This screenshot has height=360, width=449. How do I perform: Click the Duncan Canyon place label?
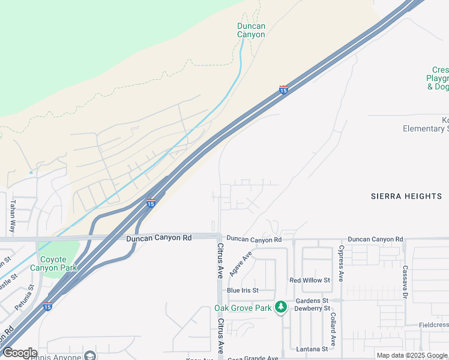click(250, 30)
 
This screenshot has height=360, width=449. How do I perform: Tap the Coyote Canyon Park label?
click(58, 263)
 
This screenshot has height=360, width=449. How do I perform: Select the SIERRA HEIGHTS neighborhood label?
click(406, 196)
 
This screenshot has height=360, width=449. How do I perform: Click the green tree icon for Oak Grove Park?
click(280, 307)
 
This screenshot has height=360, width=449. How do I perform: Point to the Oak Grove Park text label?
click(243, 308)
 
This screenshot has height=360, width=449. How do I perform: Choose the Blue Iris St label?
click(243, 290)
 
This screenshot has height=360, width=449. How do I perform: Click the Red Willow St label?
click(310, 280)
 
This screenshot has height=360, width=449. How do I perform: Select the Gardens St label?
click(312, 300)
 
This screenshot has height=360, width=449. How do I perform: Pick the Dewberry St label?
click(312, 308)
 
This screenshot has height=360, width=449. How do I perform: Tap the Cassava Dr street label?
click(405, 282)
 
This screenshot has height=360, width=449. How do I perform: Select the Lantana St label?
click(312, 349)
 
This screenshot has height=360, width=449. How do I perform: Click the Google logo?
click(20, 353)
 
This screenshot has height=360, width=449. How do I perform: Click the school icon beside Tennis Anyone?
click(90, 356)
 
